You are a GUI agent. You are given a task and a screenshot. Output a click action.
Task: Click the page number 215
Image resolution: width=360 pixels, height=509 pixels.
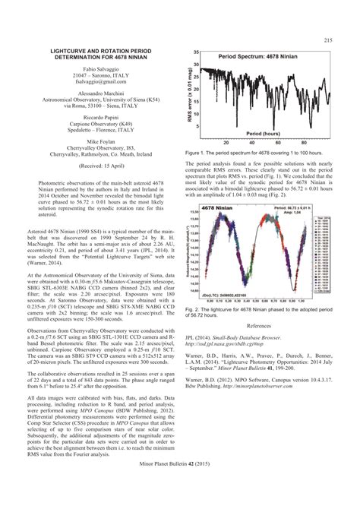point(329,40)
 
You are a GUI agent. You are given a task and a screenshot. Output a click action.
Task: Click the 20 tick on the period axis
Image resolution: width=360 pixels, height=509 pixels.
point(226,142)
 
